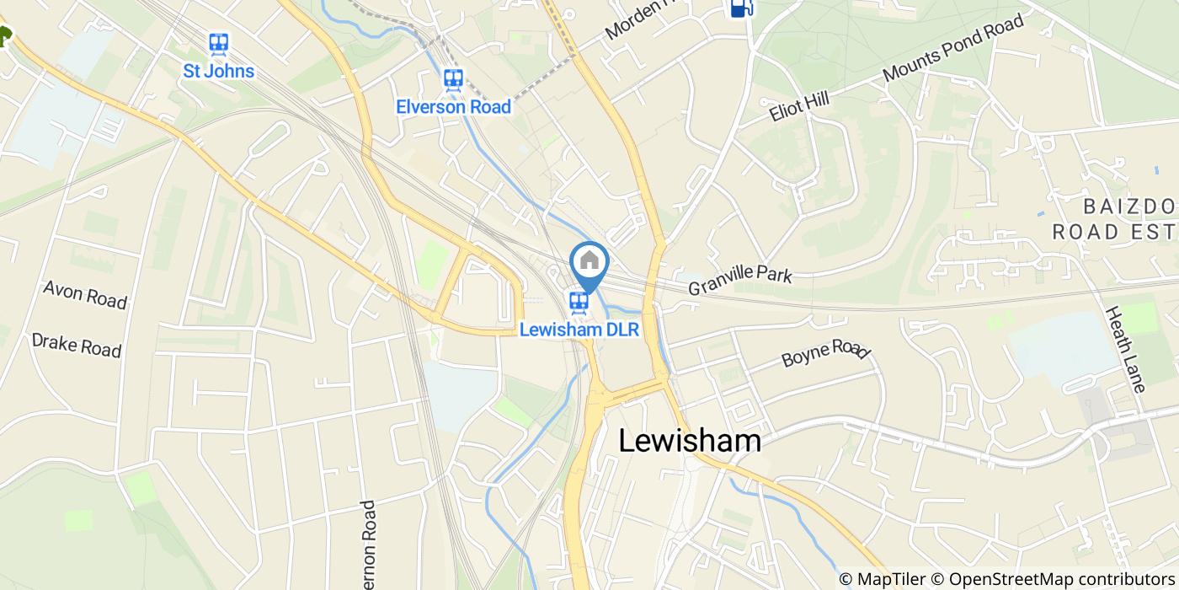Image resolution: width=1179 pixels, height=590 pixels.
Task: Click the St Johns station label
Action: (219, 71)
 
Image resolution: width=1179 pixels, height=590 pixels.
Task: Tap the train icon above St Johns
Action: (219, 44)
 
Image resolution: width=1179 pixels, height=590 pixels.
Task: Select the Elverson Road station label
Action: (453, 107)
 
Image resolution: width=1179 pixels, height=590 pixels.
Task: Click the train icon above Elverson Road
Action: (453, 80)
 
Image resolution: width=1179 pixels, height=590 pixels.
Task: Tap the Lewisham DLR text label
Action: (579, 330)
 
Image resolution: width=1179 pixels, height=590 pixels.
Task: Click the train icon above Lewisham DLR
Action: (578, 302)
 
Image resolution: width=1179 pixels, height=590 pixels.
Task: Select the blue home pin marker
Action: (589, 262)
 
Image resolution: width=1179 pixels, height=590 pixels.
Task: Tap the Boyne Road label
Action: (824, 352)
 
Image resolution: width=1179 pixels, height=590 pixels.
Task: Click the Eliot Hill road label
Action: (799, 107)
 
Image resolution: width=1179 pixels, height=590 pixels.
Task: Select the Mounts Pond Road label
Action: (953, 48)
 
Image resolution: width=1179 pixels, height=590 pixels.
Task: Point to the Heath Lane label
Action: (1125, 349)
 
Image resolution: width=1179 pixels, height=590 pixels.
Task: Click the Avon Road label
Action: (85, 295)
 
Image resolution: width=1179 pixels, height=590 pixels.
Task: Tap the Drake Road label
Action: (77, 345)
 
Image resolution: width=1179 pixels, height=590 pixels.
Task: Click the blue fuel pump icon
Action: (740, 8)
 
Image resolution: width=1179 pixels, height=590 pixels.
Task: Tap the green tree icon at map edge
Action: (4, 35)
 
